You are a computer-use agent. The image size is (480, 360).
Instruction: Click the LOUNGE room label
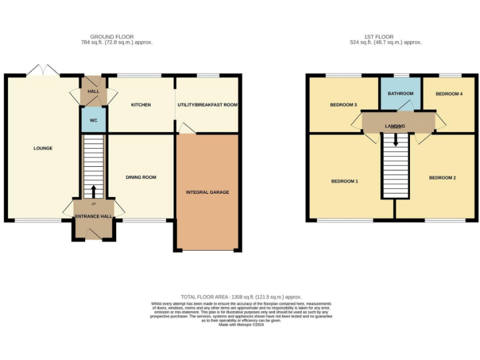click(x=43, y=148)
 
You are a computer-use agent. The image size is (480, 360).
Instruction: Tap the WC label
click(x=94, y=120)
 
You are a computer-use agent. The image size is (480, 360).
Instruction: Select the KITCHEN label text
click(x=141, y=105)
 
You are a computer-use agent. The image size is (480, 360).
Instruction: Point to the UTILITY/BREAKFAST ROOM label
click(x=207, y=105)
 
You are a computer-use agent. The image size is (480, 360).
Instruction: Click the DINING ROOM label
click(x=141, y=177)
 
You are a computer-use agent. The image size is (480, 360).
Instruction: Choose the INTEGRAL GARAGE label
click(x=207, y=192)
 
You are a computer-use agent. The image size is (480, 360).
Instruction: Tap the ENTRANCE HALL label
click(x=94, y=216)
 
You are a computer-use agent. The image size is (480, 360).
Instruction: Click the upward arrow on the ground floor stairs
click(x=94, y=191)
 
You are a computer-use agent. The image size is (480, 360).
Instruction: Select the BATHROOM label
click(x=400, y=94)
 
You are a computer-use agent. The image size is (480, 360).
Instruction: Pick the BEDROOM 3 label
click(x=343, y=105)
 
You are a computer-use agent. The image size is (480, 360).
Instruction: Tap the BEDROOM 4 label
click(x=449, y=94)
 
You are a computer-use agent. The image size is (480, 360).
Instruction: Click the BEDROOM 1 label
click(x=344, y=181)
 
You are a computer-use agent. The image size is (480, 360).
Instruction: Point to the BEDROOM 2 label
click(x=442, y=178)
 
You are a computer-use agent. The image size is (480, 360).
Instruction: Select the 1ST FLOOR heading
click(x=386, y=37)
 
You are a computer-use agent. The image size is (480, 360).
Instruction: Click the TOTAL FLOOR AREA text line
click(x=241, y=297)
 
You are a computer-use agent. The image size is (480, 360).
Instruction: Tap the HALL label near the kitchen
click(x=94, y=91)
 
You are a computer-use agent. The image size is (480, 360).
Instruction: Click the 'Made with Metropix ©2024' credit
click(x=241, y=324)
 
